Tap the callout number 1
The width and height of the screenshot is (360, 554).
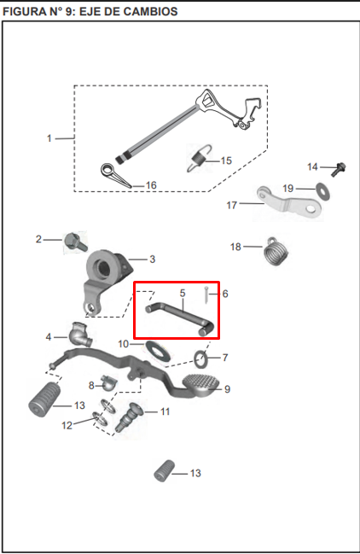coord(49,137)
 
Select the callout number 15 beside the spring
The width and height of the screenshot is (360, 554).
coord(226,160)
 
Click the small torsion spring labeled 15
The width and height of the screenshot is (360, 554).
coord(198,158)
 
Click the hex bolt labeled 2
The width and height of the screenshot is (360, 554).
coord(73,242)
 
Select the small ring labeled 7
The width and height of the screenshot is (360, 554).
coord(201,356)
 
